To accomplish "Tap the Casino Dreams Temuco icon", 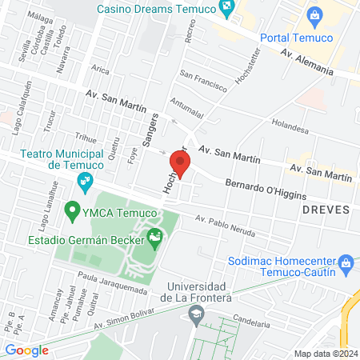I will coord(229,10).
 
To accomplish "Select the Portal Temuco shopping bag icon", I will coord(314,15).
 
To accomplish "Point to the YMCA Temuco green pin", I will coord(73,211).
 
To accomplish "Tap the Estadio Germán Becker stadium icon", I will coord(154,238).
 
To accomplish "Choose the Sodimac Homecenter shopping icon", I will coord(346,262).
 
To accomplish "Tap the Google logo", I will coord(27,350).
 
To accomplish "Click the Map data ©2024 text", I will coord(324,354).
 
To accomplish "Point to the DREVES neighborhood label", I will coord(326,208).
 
